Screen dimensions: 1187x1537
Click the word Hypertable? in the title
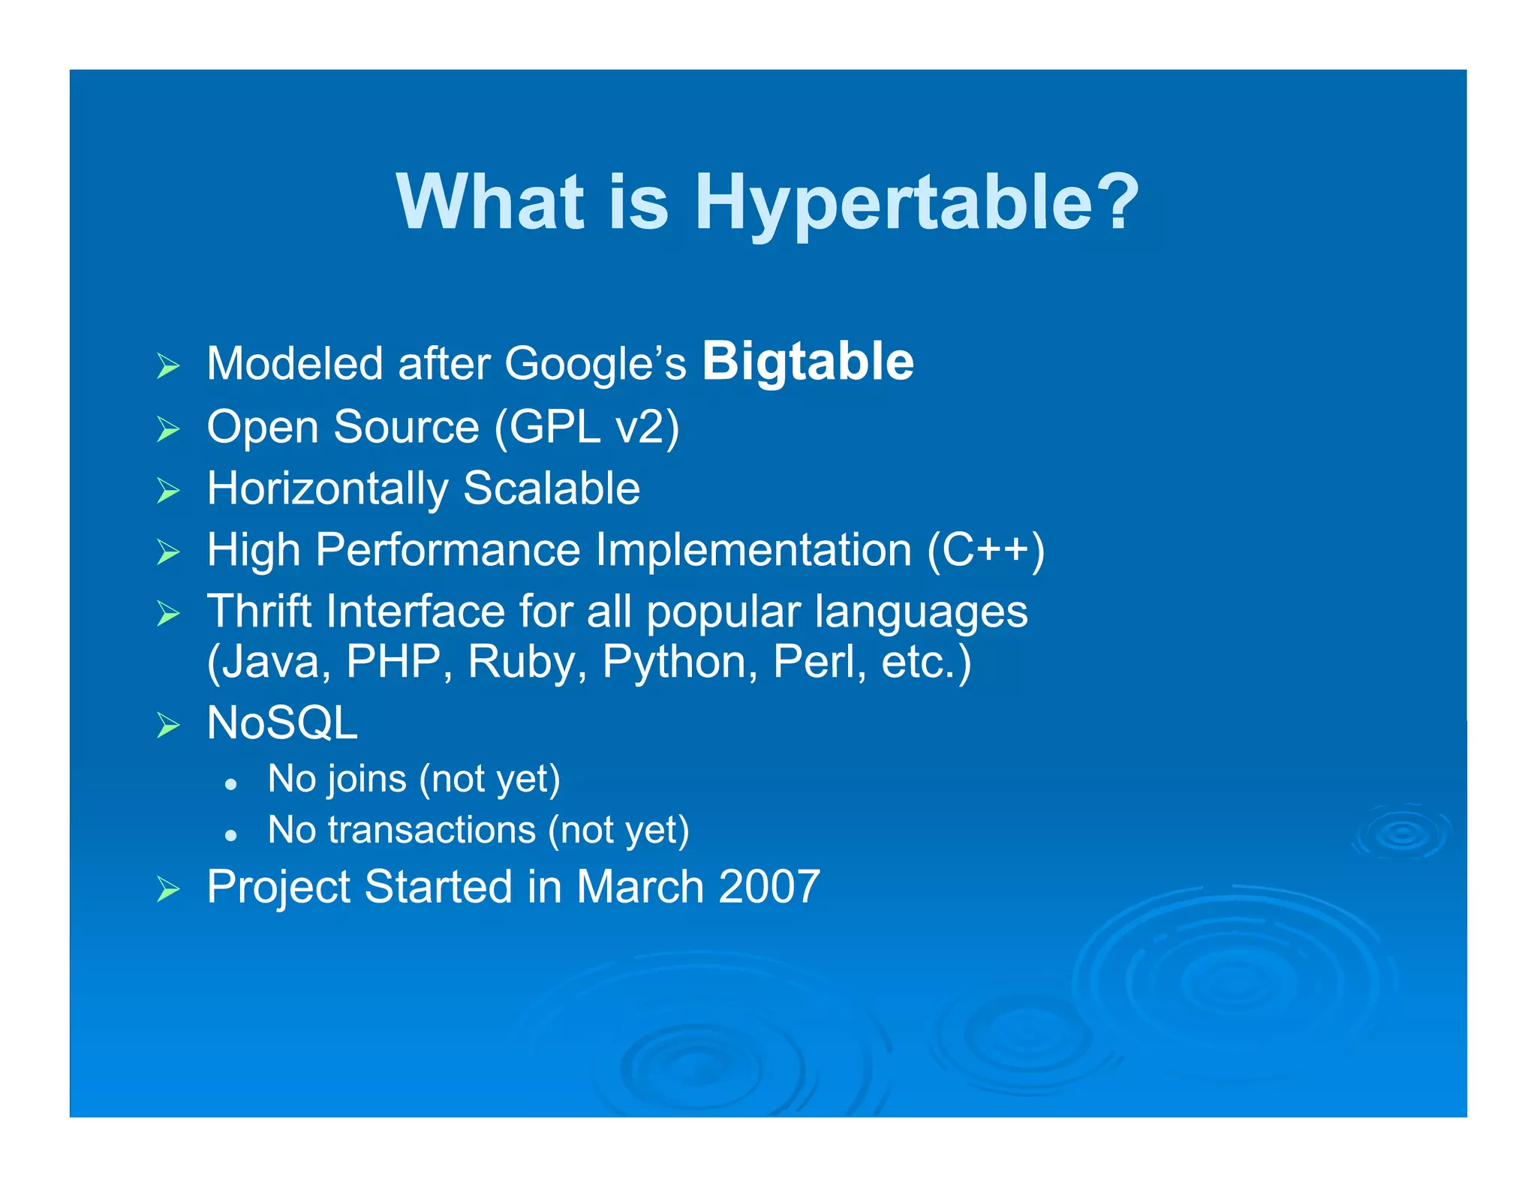(916, 203)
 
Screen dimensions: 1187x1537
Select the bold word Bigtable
(808, 362)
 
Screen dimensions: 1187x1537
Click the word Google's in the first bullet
(595, 364)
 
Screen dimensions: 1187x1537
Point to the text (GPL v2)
(586, 427)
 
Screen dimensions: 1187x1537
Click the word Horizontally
(327, 489)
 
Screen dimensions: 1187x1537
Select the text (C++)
(985, 551)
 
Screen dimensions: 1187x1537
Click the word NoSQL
(282, 723)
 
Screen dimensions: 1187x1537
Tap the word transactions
(432, 830)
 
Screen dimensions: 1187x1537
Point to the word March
(639, 887)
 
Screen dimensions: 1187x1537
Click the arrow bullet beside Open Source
(168, 429)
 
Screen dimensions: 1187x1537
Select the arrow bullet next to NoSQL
(168, 726)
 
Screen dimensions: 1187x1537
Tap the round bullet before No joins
(231, 784)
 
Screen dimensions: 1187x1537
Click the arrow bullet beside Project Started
(168, 890)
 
